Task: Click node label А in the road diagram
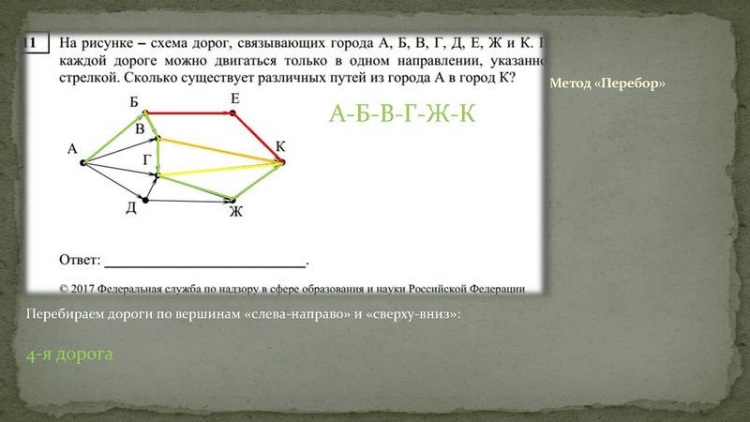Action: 71,148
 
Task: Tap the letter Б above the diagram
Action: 134,100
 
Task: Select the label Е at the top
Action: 233,98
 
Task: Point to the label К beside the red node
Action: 280,146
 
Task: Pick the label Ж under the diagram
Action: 235,212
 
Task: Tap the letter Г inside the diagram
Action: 146,160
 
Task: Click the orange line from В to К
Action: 220,151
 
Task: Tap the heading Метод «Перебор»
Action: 607,83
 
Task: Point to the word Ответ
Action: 80,256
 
